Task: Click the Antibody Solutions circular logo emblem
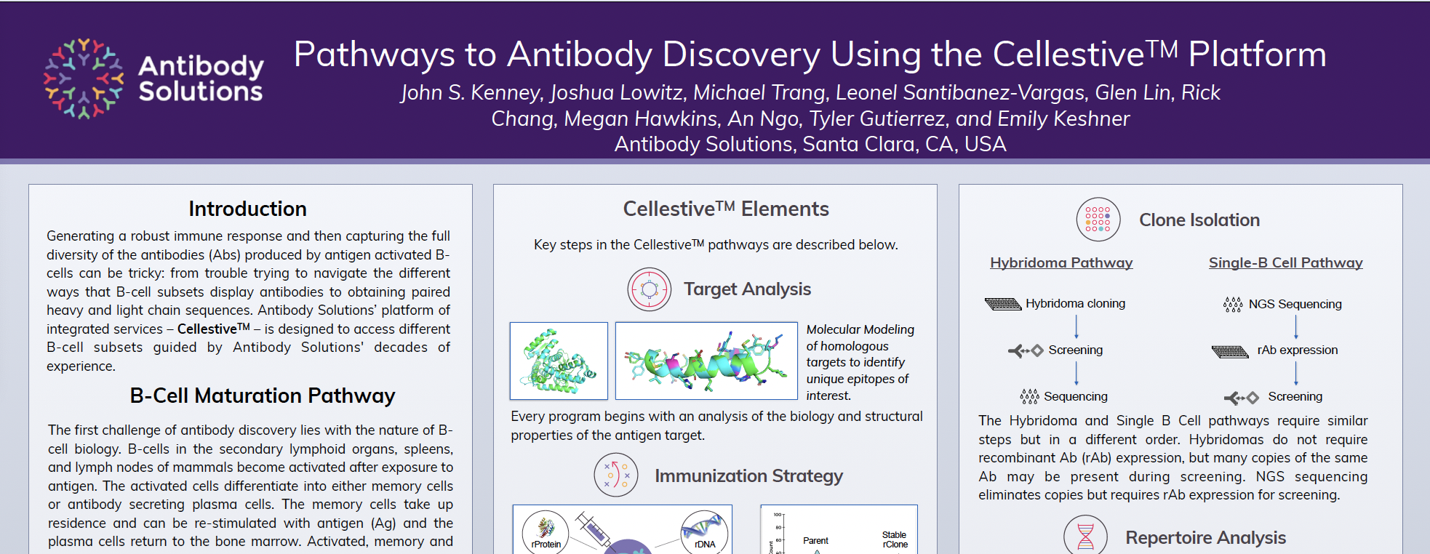(83, 79)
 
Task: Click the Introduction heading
(247, 209)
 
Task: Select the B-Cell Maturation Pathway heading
(262, 396)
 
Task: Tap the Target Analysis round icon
(649, 289)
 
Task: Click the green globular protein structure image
(559, 361)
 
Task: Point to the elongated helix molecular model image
(706, 361)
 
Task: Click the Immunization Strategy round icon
(615, 475)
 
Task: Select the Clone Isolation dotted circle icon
(1098, 220)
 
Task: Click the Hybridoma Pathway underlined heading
(1061, 263)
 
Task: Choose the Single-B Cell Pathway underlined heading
(1285, 263)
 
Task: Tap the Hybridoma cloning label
(1075, 304)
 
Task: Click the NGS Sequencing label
(1295, 305)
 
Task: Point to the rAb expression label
(1297, 350)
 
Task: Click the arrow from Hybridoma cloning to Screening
(1077, 326)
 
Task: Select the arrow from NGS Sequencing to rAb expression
(1296, 327)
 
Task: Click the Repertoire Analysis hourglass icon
(1085, 537)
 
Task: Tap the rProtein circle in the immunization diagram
(546, 533)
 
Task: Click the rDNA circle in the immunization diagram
(704, 534)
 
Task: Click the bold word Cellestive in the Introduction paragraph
(207, 329)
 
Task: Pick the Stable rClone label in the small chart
(895, 539)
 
